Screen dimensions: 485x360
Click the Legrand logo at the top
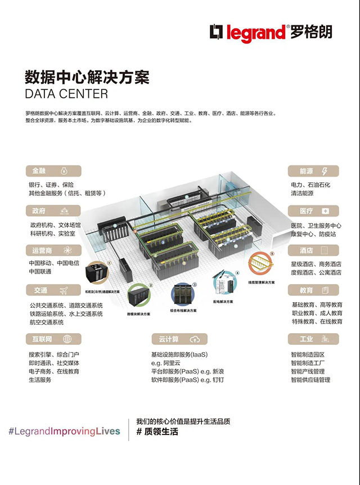(x=271, y=32)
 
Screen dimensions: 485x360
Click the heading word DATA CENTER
(x=66, y=93)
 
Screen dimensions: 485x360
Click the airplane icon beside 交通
(x=64, y=290)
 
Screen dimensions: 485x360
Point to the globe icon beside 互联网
(x=67, y=339)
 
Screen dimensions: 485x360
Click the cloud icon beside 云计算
(x=195, y=339)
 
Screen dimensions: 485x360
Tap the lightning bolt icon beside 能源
(x=325, y=171)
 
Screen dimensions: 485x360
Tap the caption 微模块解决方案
(x=140, y=313)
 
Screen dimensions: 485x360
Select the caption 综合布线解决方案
(x=183, y=310)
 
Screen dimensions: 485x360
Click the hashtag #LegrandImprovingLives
(x=64, y=431)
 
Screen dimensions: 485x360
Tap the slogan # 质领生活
(x=157, y=432)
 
